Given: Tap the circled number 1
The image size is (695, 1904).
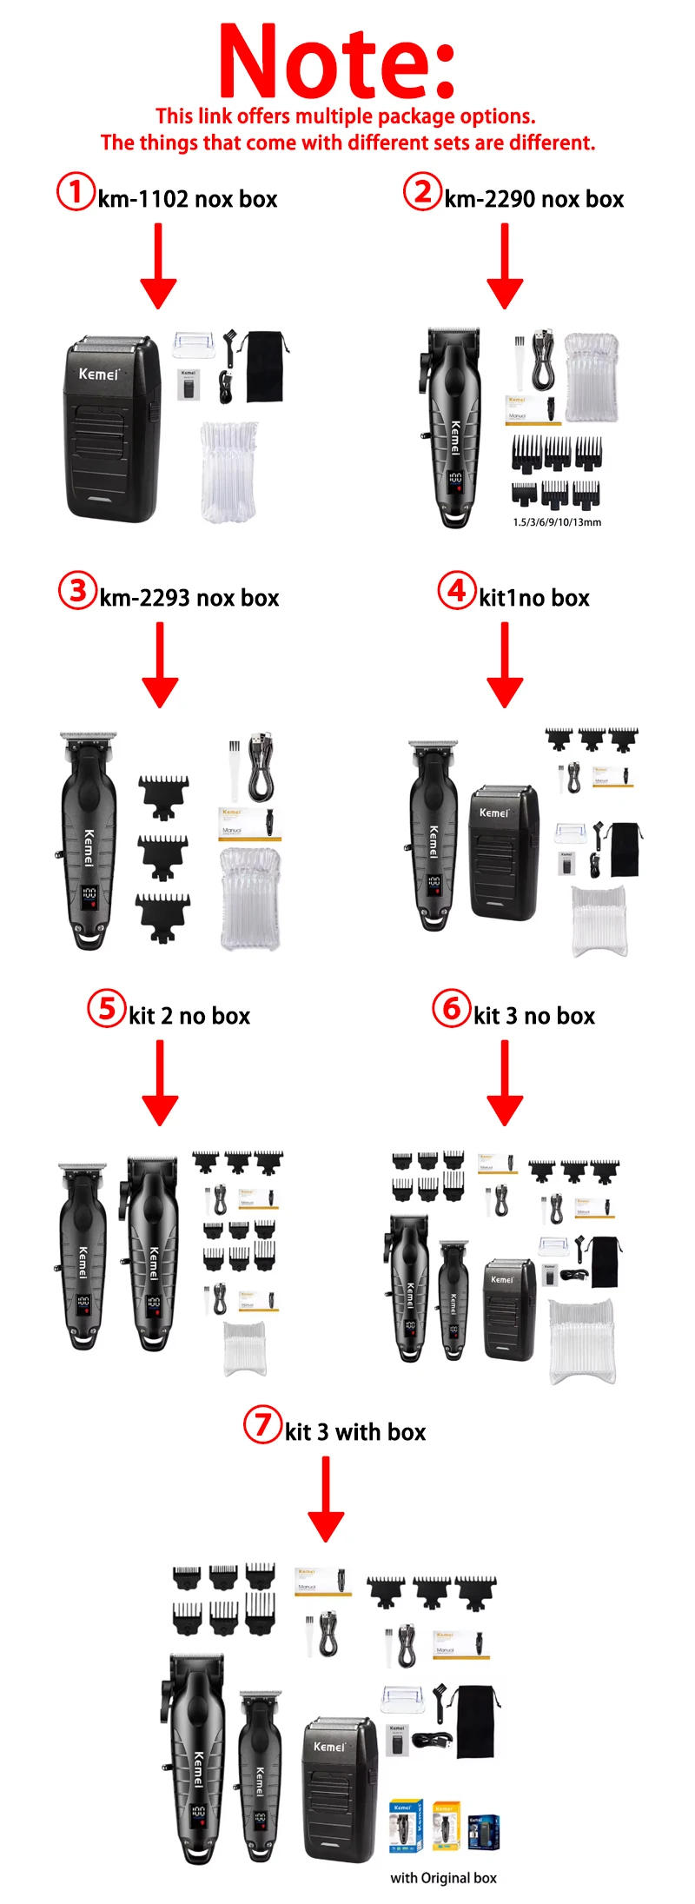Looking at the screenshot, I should [x=76, y=191].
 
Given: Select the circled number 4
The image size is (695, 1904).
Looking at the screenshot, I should [x=456, y=591].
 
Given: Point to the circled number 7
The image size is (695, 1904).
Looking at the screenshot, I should [x=261, y=1425].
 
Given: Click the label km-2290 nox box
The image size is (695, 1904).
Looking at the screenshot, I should [x=533, y=199].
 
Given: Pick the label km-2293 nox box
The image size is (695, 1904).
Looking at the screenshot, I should [x=189, y=598].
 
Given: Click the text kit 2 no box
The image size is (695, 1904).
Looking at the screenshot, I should [x=189, y=1016].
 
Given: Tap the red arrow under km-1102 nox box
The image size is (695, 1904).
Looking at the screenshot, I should [x=158, y=265].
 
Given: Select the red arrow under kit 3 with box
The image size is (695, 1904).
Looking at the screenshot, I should [x=326, y=1499].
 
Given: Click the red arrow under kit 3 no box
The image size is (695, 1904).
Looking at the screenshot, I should [x=505, y=1082].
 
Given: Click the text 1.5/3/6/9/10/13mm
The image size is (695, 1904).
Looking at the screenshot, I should [x=557, y=522].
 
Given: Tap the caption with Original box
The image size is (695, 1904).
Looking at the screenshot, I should [x=443, y=1878].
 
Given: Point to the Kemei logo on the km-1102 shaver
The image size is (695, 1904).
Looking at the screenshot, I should [x=98, y=374].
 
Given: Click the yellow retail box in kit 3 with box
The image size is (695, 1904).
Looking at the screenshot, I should [x=446, y=1826].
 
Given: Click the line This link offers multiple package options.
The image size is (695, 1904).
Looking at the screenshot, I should [x=346, y=116].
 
